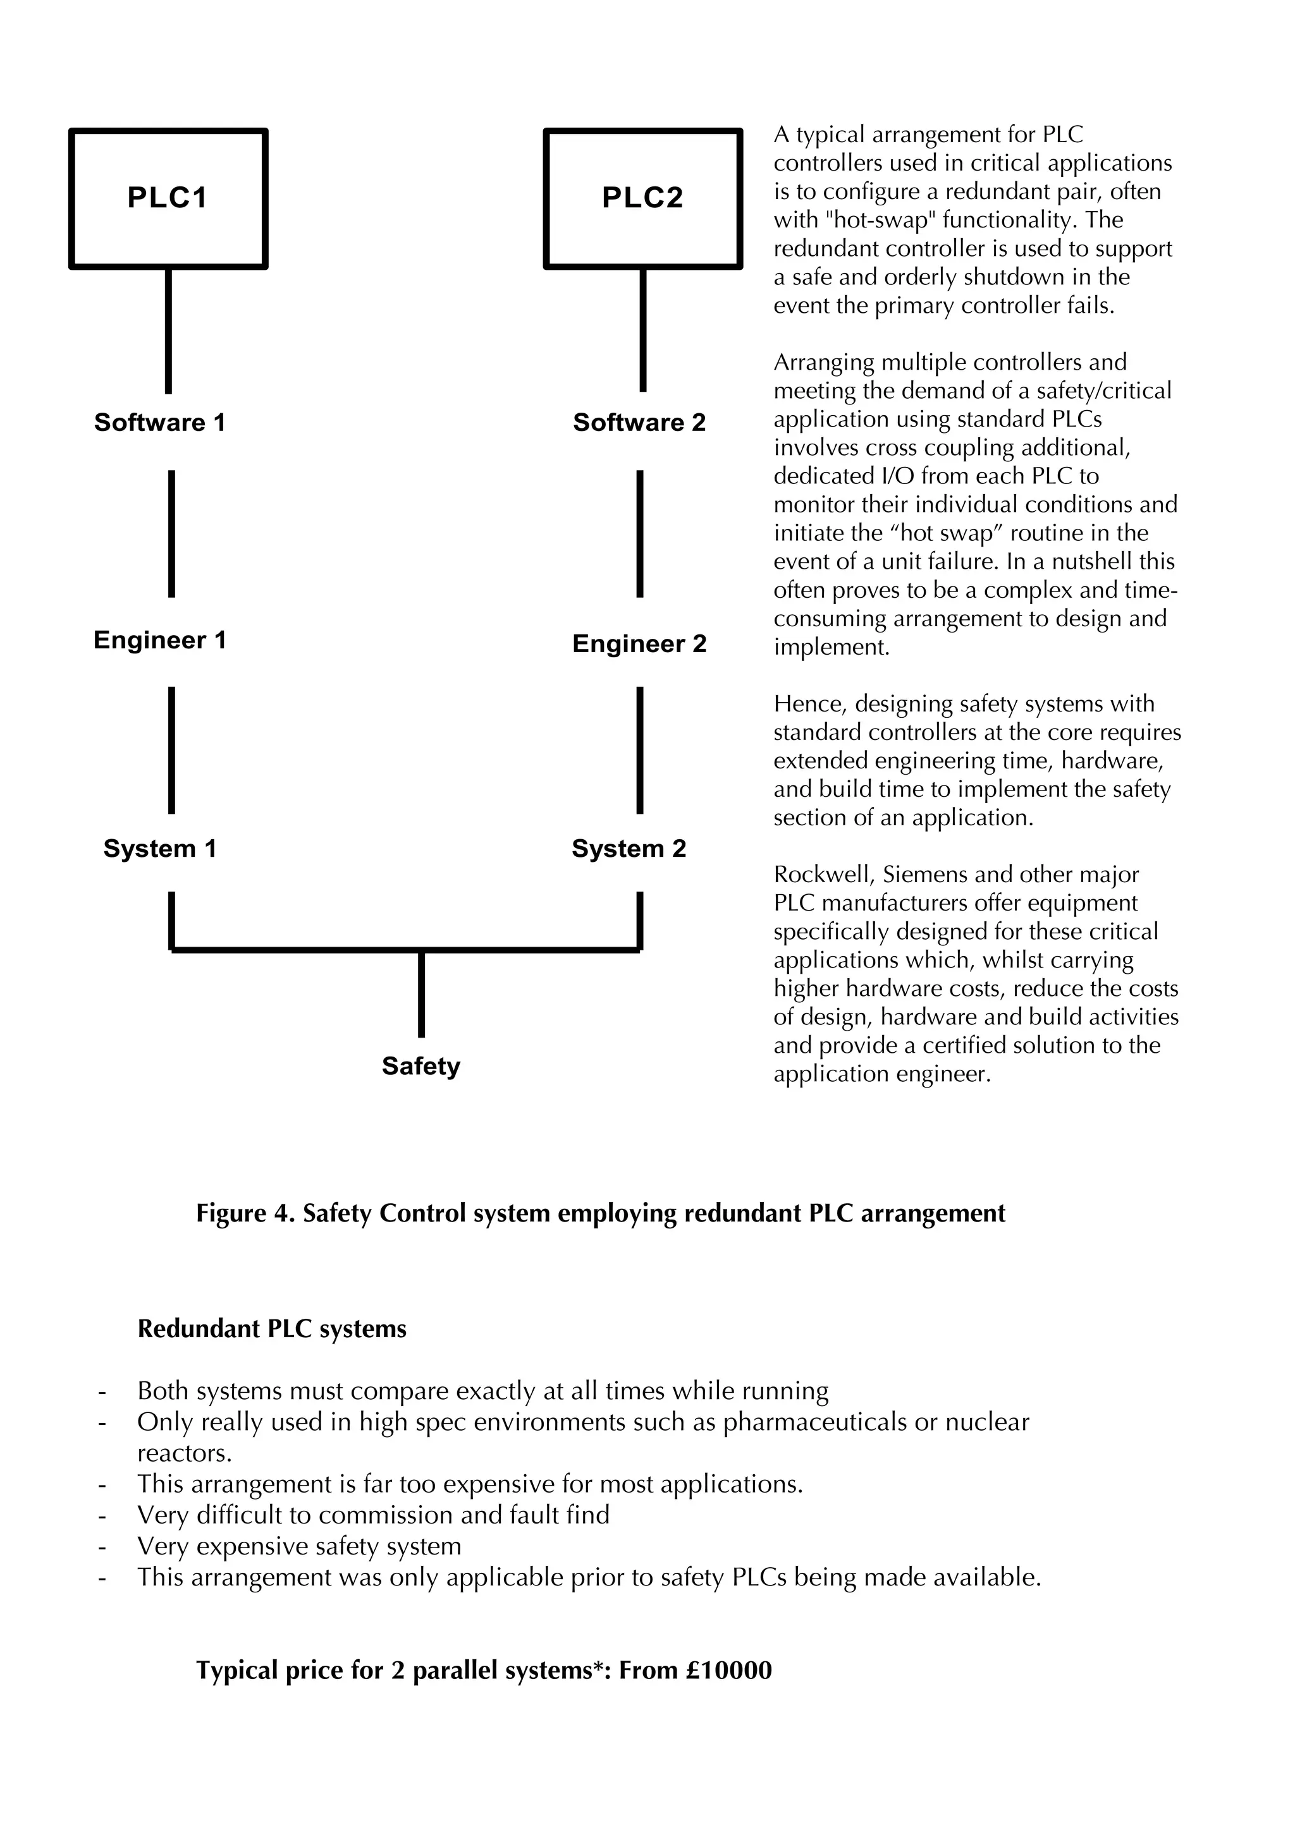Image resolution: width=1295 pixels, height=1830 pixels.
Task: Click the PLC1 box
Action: tap(168, 198)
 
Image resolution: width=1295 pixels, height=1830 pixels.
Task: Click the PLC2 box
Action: tap(642, 198)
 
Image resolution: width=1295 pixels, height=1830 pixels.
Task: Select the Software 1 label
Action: tap(159, 423)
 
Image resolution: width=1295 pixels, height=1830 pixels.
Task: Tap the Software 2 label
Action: tap(639, 423)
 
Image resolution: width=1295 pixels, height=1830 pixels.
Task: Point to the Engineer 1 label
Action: tap(159, 640)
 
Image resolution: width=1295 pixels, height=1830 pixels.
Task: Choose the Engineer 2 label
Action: tap(639, 644)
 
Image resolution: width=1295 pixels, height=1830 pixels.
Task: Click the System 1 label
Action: tap(159, 849)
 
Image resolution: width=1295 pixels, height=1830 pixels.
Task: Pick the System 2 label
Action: tap(629, 849)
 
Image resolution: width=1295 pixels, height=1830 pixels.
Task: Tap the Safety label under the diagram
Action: tap(421, 1067)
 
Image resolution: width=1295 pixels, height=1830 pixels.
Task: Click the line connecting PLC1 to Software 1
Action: tap(168, 330)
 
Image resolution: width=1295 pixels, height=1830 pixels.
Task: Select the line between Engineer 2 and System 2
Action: tap(639, 749)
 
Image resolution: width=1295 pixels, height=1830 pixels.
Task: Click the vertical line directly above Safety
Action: tap(421, 995)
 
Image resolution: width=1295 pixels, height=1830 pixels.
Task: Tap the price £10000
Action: tap(728, 1669)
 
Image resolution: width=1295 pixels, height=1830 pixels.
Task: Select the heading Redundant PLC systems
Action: tap(272, 1330)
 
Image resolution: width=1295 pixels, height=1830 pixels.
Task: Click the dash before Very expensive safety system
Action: tap(102, 1547)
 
